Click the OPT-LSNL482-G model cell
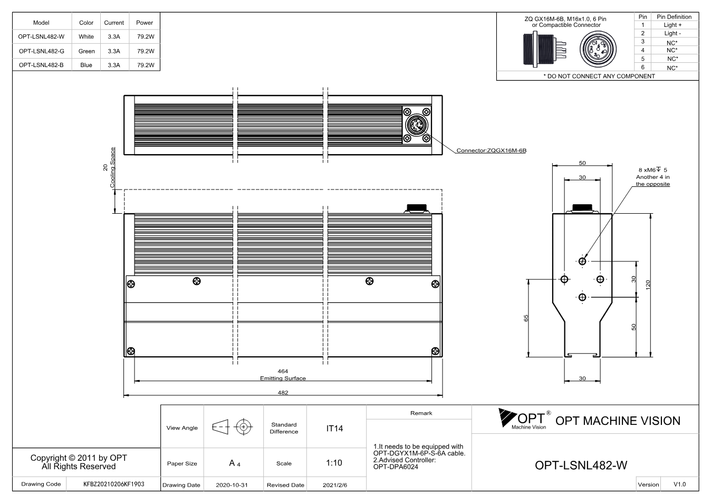[x=41, y=51]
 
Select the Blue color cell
[x=86, y=65]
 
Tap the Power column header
[x=145, y=23]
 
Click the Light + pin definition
[x=672, y=25]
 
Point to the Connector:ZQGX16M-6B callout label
[x=491, y=150]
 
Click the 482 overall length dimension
[x=283, y=393]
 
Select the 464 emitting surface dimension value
[x=283, y=371]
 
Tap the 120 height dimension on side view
[x=648, y=284]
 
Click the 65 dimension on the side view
[x=526, y=318]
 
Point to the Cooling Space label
[x=112, y=167]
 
